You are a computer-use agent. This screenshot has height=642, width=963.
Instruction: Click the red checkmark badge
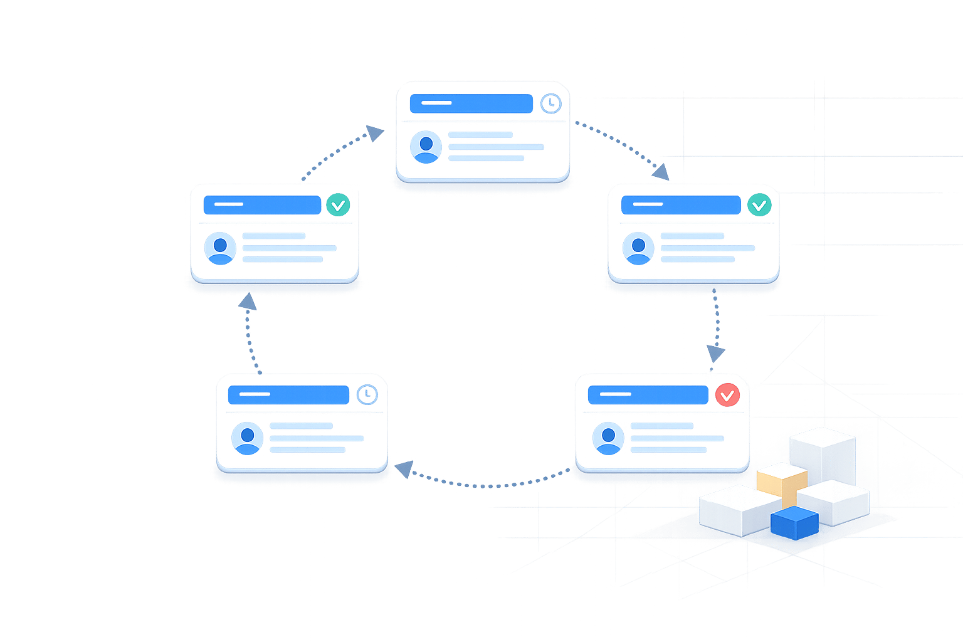coord(727,395)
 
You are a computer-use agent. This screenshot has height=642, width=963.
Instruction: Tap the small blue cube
coord(794,523)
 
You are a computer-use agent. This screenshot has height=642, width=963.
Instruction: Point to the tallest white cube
coord(822,455)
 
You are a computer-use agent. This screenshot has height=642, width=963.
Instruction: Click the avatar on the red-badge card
coord(608,438)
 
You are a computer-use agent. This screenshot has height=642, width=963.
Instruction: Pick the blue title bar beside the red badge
coord(647,394)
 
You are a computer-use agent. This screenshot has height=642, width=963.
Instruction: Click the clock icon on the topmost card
coord(550,103)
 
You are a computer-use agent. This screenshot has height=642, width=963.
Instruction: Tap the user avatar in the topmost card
coord(426,147)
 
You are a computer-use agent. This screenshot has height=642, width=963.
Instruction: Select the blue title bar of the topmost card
coord(470,103)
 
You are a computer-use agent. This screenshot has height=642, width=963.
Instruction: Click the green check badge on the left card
coord(338,205)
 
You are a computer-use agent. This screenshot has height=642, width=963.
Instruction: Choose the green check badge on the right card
coord(759,205)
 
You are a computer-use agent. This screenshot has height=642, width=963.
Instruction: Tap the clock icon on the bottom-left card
coord(367,394)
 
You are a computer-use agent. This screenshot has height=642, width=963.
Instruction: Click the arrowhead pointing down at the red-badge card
coord(715,352)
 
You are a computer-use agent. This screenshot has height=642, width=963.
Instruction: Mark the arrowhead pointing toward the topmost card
coord(374,133)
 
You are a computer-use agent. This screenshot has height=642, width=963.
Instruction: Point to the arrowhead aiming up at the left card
coord(248,302)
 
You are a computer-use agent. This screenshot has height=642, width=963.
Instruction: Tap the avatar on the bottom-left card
coord(247,438)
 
